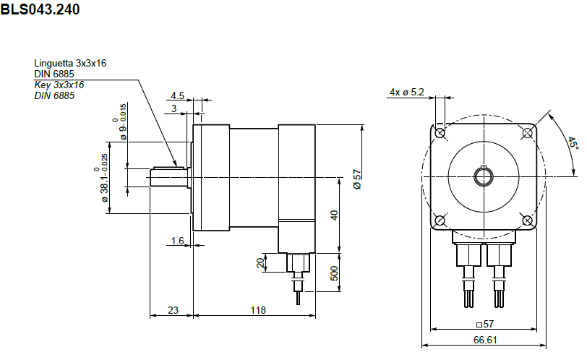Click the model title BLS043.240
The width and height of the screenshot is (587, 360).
point(40,9)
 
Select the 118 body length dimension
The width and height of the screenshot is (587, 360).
point(258,310)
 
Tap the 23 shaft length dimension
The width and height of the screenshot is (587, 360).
point(173,310)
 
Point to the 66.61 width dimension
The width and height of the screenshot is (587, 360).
point(485,340)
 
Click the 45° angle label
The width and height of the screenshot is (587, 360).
point(573,143)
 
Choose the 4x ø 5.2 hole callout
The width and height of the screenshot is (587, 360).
point(407,92)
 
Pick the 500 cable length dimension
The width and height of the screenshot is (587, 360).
point(334,273)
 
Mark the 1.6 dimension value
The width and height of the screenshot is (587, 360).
point(177,240)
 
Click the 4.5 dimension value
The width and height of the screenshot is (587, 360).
point(177,96)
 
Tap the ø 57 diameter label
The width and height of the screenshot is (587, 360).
point(357,179)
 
